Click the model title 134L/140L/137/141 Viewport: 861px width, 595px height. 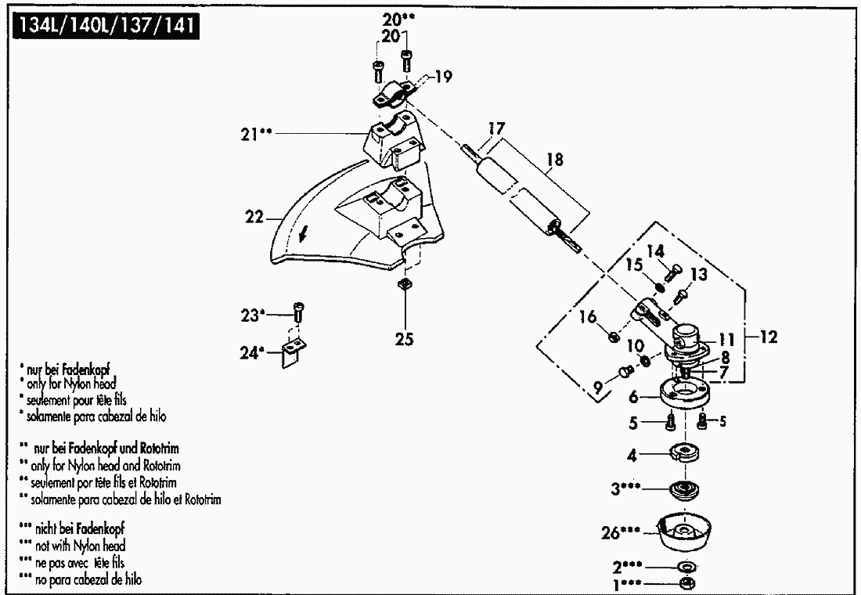105,28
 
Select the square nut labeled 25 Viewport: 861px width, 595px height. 405,283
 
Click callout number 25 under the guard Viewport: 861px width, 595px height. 405,340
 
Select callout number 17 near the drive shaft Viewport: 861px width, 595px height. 496,127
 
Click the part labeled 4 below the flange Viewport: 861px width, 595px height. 685,453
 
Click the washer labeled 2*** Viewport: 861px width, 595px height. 686,566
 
